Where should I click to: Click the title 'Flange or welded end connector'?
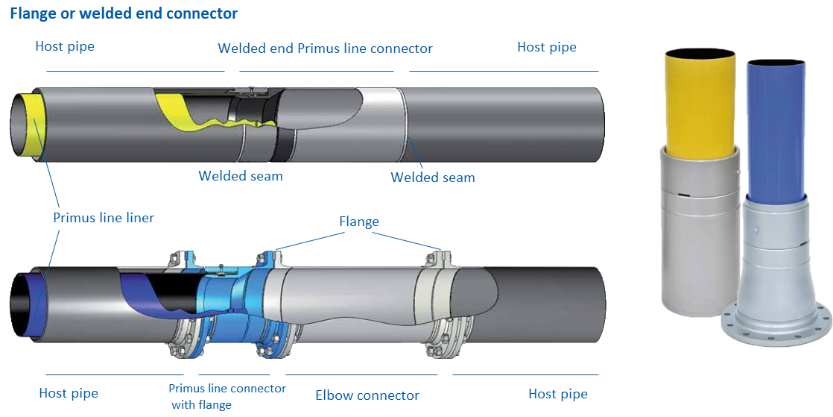coord(124,13)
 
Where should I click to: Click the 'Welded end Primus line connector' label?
coord(325,48)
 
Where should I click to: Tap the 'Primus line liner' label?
coord(104,218)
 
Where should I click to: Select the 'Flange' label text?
coord(359,222)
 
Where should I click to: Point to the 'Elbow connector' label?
coord(367,395)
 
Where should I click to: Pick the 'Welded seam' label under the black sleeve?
coord(241,176)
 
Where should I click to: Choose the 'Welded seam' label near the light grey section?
coord(433,178)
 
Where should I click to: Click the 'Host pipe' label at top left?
coord(65,46)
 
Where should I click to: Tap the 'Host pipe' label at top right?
coord(547,47)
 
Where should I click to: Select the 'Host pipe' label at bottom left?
coord(69,393)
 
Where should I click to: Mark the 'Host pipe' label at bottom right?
coord(558,394)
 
